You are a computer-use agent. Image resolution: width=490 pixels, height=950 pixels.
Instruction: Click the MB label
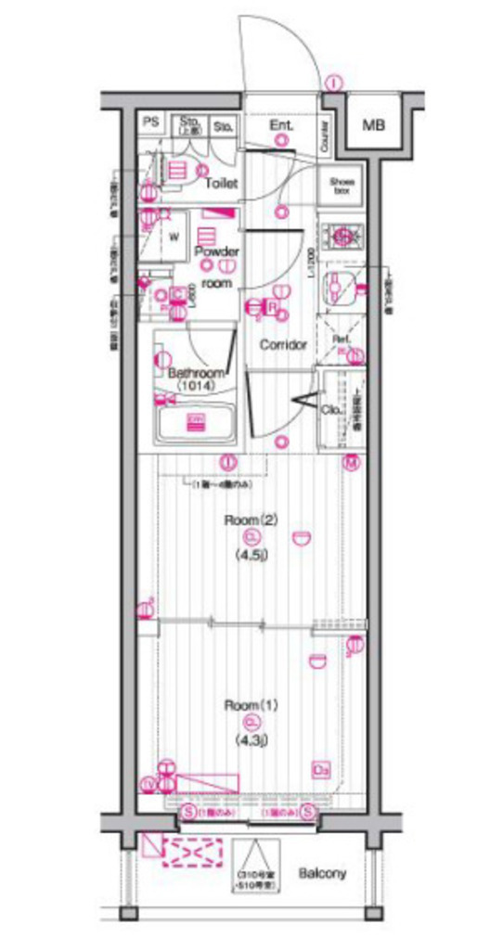pyautogui.click(x=374, y=125)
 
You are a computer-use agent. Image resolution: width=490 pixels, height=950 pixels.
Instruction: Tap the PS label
pyautogui.click(x=149, y=122)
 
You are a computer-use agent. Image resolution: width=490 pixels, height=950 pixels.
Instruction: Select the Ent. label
pyautogui.click(x=281, y=125)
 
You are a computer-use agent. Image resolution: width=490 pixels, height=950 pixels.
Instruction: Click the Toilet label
pyautogui.click(x=222, y=183)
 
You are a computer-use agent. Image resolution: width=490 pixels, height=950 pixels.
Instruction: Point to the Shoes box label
pyautogui.click(x=342, y=186)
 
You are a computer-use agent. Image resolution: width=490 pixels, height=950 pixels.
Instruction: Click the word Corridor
pyautogui.click(x=283, y=344)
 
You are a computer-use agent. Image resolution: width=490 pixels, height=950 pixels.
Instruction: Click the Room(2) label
pyautogui.click(x=251, y=520)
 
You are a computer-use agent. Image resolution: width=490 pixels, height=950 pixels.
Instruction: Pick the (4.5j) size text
pyautogui.click(x=251, y=556)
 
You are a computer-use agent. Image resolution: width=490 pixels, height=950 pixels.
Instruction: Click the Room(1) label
pyautogui.click(x=251, y=705)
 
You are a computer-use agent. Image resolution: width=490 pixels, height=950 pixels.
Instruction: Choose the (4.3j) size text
pyautogui.click(x=251, y=741)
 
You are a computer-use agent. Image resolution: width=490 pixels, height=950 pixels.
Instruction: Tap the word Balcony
pyautogui.click(x=322, y=873)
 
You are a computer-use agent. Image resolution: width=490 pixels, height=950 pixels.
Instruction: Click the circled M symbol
pyautogui.click(x=353, y=462)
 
